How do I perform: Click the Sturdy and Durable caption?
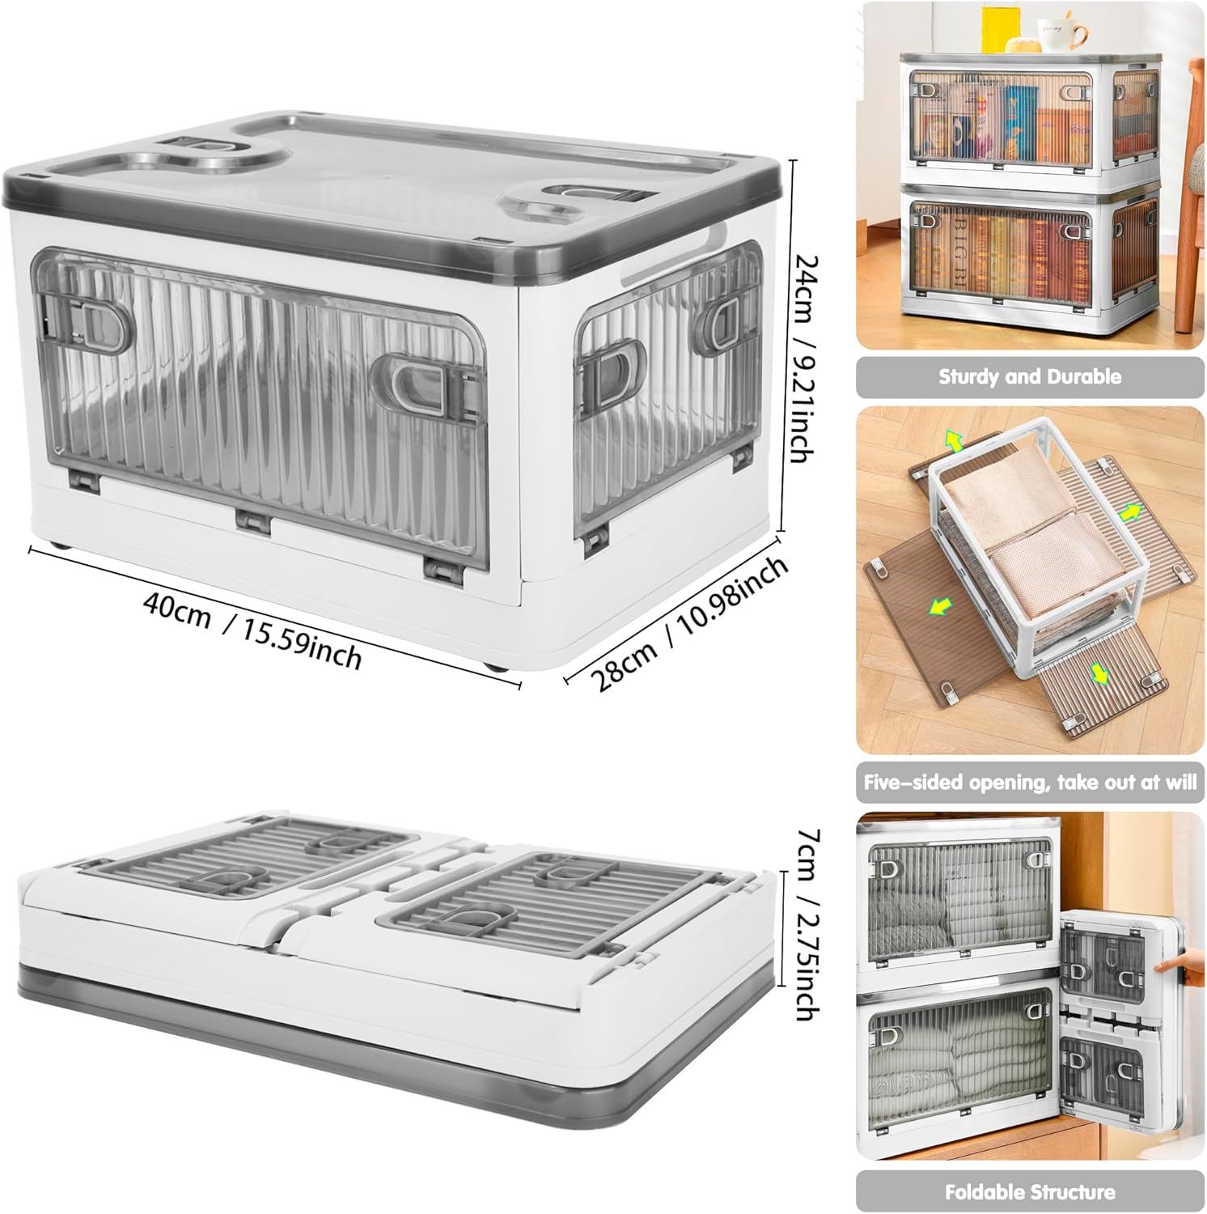click(1030, 376)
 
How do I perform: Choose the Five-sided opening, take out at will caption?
click(1030, 783)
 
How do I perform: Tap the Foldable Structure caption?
click(1030, 1191)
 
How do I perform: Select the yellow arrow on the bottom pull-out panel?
click(1098, 673)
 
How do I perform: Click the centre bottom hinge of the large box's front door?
click(254, 520)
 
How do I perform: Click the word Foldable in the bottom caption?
click(984, 1191)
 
